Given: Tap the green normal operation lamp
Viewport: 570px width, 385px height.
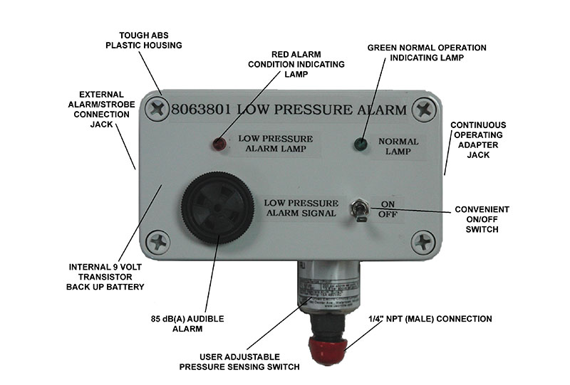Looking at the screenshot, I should pyautogui.click(x=361, y=144).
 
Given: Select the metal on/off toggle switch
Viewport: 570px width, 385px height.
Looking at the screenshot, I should pyautogui.click(x=360, y=211).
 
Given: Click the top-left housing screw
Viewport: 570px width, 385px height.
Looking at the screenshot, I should pyautogui.click(x=155, y=110).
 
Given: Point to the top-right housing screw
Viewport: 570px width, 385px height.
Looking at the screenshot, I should pyautogui.click(x=424, y=110).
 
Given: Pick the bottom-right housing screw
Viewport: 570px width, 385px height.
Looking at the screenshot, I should pyautogui.click(x=423, y=241).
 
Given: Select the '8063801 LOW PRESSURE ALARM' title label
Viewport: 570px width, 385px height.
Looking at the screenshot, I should pyautogui.click(x=289, y=110).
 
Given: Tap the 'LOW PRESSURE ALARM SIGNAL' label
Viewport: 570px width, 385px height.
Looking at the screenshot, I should pyautogui.click(x=299, y=207).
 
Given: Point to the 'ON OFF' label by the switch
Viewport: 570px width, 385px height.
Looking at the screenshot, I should pyautogui.click(x=388, y=208).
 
